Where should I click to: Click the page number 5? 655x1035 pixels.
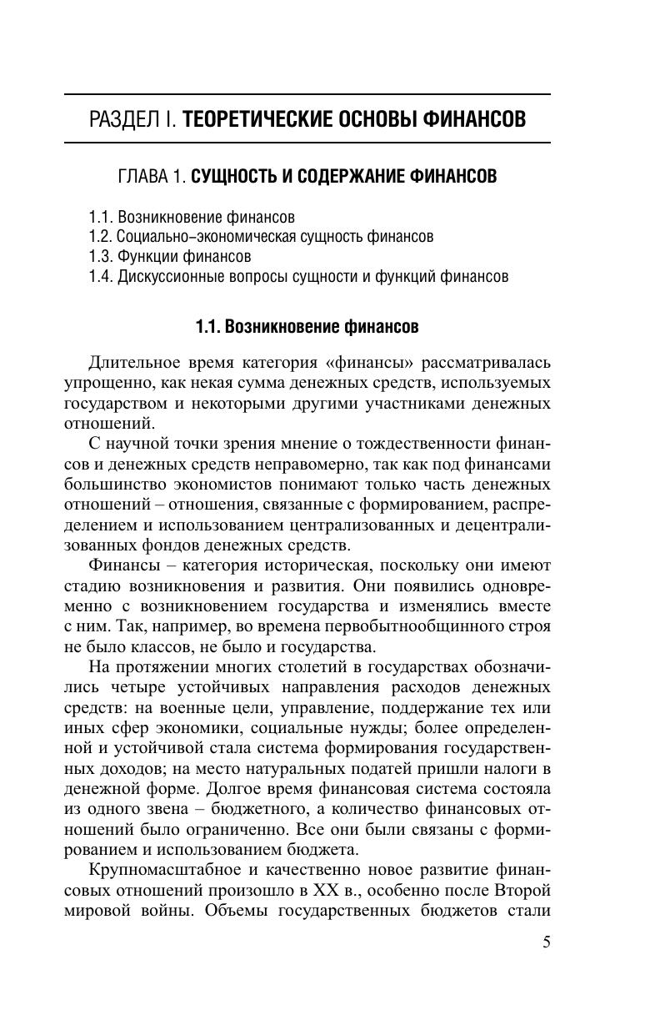pyautogui.click(x=546, y=942)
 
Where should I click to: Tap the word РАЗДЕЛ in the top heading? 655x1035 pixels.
pyautogui.click(x=125, y=119)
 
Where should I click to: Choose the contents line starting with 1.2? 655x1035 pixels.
pyautogui.click(x=261, y=237)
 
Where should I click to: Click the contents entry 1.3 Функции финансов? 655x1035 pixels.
pyautogui.click(x=169, y=256)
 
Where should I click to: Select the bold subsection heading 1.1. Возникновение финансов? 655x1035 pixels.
pyautogui.click(x=307, y=326)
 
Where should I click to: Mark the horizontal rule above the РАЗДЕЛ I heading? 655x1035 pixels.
pyautogui.click(x=307, y=94)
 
